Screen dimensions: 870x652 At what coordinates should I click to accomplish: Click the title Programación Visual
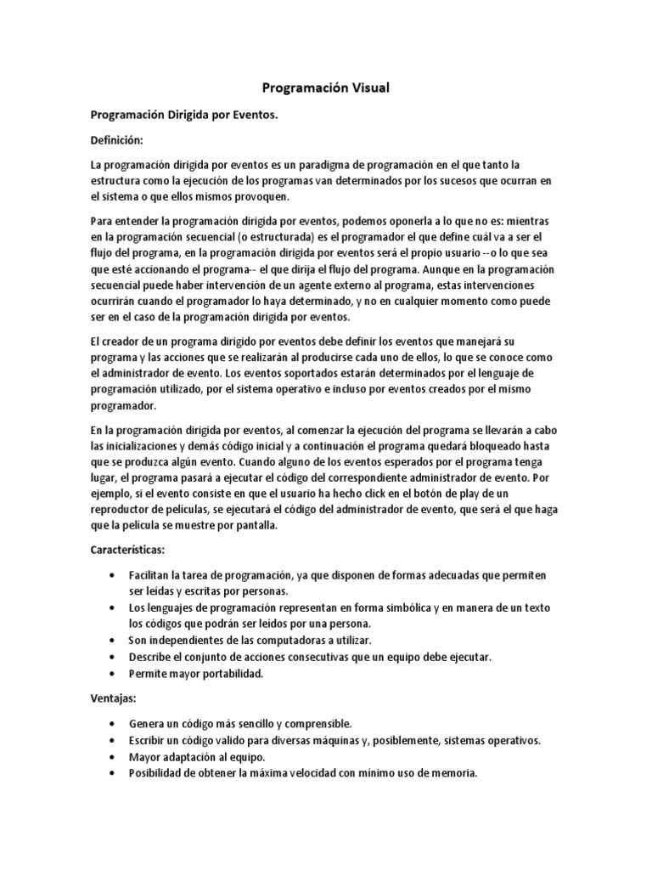click(325, 88)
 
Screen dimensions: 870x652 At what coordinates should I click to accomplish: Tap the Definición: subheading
click(117, 138)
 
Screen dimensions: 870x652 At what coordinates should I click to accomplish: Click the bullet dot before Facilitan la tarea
click(114, 576)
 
